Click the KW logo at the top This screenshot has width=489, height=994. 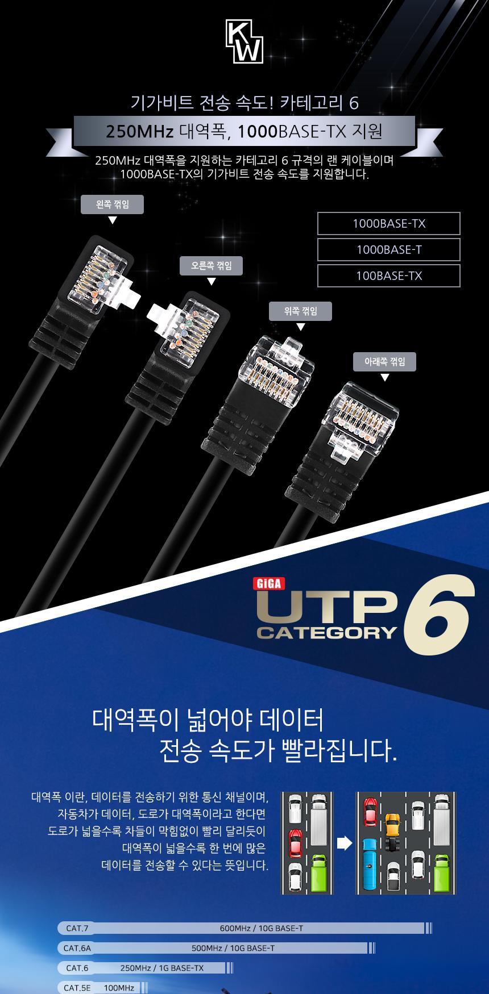244,41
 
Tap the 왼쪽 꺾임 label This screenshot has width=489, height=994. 112,204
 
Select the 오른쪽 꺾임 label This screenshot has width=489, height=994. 212,266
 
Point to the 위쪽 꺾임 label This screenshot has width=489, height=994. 300,311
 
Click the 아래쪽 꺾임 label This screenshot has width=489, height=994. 384,362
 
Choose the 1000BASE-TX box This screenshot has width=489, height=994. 389,224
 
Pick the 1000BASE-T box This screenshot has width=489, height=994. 389,250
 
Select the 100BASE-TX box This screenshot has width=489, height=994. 389,276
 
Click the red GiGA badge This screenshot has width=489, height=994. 268,583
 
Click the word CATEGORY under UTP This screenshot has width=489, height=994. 327,632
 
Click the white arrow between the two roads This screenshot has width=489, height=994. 345,843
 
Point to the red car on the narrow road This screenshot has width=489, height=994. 295,842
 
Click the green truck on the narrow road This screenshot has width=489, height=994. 320,872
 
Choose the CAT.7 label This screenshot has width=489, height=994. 77,929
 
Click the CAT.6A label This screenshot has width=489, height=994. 77,949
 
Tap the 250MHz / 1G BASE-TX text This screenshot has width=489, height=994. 162,968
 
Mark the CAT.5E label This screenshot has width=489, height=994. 77,988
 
